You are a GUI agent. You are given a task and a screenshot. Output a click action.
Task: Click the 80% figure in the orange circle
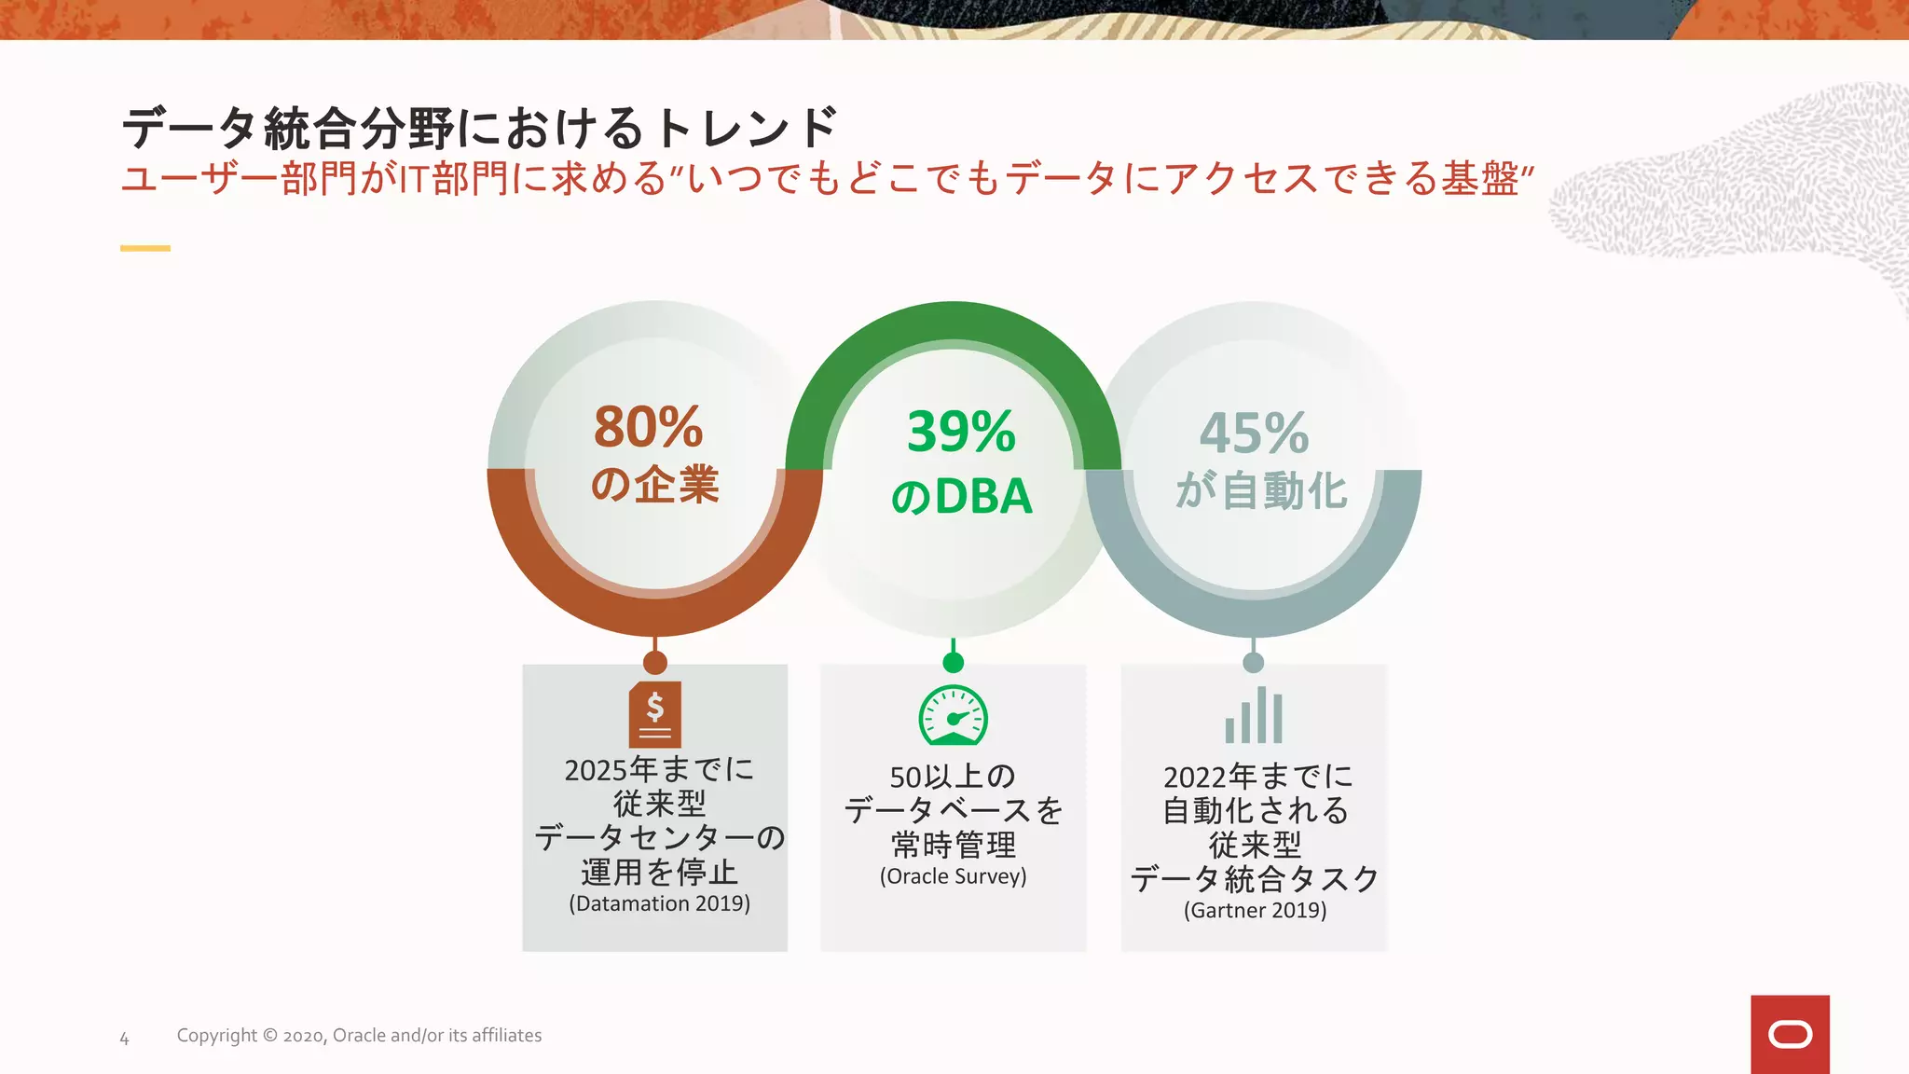click(x=648, y=427)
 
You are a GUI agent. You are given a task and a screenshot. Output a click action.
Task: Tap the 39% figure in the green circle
click(x=961, y=432)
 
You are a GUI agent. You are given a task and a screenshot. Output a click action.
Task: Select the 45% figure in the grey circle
click(x=1254, y=433)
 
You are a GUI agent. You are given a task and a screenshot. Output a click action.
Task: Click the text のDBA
click(x=961, y=496)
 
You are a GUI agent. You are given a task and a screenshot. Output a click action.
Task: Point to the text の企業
click(x=654, y=485)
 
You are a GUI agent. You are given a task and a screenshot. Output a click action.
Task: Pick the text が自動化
click(x=1261, y=490)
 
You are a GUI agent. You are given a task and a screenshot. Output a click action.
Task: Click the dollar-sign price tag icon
click(x=655, y=714)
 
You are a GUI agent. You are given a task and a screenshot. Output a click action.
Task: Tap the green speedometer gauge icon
click(x=953, y=715)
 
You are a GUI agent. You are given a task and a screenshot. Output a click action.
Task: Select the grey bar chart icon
click(x=1254, y=716)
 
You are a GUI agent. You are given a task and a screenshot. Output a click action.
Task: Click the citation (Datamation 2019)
click(x=659, y=903)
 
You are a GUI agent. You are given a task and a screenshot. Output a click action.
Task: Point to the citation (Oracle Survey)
click(x=953, y=876)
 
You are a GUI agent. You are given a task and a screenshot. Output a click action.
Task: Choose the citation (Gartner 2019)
click(x=1255, y=910)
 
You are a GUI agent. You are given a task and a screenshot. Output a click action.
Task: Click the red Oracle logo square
click(x=1790, y=1034)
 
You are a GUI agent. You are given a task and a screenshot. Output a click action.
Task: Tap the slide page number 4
click(x=124, y=1038)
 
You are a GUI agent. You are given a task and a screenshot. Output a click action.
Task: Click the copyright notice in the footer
click(x=359, y=1036)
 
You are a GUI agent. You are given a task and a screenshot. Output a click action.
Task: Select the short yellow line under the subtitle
click(x=145, y=248)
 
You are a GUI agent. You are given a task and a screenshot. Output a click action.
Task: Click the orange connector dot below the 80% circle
click(x=655, y=662)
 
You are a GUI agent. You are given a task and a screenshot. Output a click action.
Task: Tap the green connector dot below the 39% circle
click(x=953, y=662)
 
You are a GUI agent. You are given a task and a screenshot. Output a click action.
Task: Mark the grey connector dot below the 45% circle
click(x=1254, y=662)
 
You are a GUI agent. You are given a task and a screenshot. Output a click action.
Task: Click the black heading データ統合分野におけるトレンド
click(x=480, y=128)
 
